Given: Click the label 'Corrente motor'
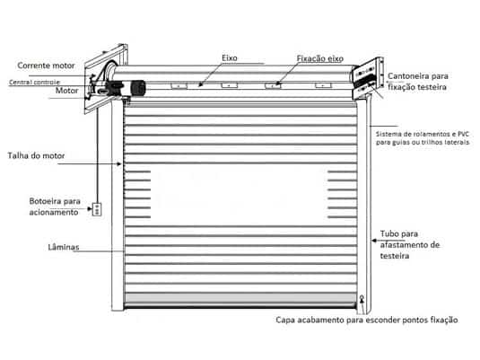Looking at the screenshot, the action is [46, 66].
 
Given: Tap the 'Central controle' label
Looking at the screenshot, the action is [34, 82].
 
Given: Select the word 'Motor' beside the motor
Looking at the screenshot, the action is [66, 91].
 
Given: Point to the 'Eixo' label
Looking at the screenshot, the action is [230, 58].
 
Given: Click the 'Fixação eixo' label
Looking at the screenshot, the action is [320, 58].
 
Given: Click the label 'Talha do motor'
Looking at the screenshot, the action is [36, 155].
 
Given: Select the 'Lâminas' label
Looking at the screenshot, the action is [64, 247].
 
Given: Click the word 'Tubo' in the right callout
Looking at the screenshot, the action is [389, 233].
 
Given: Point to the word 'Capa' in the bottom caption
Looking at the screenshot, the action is [285, 320].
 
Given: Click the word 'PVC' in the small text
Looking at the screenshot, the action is [463, 134].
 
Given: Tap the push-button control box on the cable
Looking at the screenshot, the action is [97, 209].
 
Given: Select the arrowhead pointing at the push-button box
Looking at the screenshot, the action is [90, 209].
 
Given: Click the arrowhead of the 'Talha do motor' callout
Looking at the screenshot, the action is [119, 164].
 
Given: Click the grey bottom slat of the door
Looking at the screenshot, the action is [240, 298].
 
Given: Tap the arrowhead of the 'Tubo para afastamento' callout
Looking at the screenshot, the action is [374, 241].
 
